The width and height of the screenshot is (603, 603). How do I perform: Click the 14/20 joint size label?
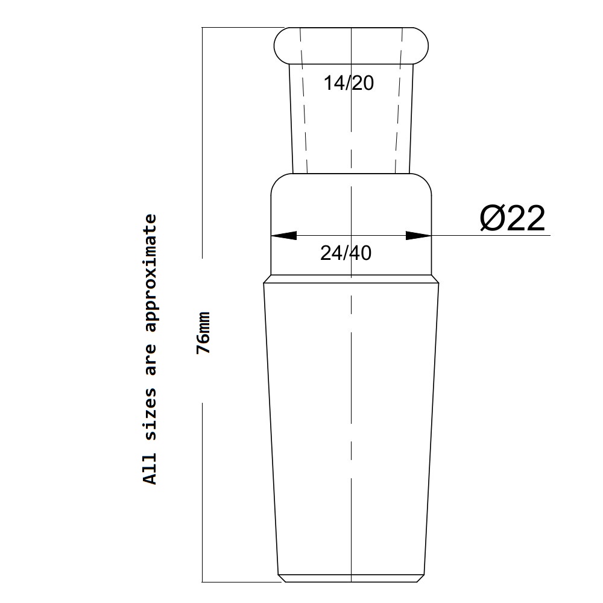349,83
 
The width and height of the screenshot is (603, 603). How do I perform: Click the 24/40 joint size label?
346,253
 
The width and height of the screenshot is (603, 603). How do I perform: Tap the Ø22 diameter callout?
513,218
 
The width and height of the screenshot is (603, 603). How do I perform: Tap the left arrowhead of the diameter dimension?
284,235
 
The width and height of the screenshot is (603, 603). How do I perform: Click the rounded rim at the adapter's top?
352,45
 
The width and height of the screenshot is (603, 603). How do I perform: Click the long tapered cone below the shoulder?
352,422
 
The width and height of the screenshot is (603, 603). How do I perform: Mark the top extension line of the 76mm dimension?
241,28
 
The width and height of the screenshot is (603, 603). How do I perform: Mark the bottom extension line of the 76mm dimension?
241,582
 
